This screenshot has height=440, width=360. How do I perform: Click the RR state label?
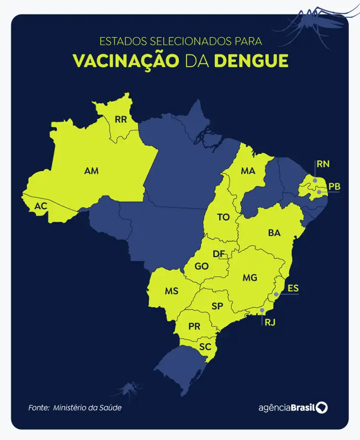(121, 119)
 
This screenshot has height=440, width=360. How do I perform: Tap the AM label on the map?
(91, 171)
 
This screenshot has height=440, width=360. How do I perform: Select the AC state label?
(41, 206)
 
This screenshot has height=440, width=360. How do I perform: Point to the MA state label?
(247, 171)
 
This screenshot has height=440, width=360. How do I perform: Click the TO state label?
(223, 217)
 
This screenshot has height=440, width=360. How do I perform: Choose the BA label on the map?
(274, 233)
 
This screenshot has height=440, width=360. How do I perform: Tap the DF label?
(219, 253)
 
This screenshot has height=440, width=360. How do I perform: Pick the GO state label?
(201, 267)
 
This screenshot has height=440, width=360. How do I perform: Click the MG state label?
(250, 278)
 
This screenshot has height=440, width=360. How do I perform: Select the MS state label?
(172, 291)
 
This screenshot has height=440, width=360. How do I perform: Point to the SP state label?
(217, 306)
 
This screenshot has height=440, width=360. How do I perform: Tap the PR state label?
(194, 327)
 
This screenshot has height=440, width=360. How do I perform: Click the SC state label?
(205, 347)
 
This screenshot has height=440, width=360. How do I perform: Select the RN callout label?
(323, 164)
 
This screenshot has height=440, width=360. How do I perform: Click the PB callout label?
(334, 187)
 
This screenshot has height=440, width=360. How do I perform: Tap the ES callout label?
(293, 288)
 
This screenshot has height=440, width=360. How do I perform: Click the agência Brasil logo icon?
(322, 408)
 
